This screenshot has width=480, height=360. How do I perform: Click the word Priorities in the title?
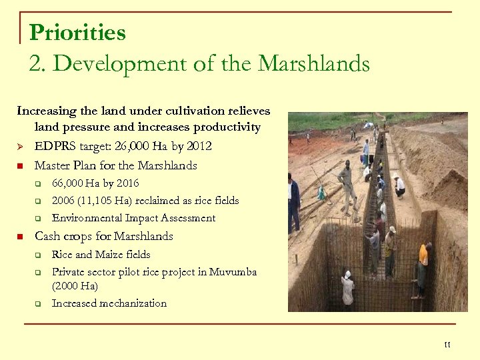[x=77, y=32]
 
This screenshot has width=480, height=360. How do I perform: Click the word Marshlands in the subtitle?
[x=313, y=63]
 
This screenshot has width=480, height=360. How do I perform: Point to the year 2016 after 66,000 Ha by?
[x=128, y=183]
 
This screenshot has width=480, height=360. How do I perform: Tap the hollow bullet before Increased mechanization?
[x=39, y=304]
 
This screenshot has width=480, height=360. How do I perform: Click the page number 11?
[x=447, y=345]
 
